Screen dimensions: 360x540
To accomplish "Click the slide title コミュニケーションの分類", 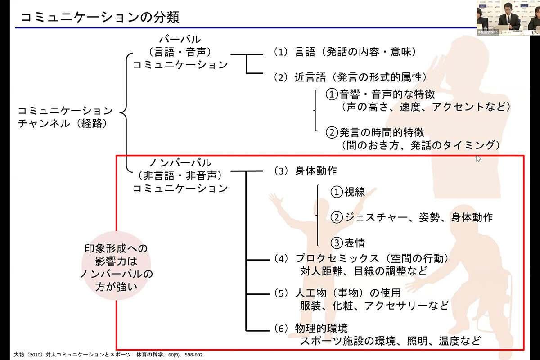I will [100, 18].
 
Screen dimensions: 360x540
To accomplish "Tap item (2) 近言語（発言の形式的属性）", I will [350, 77].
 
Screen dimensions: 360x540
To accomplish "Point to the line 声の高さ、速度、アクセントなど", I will [426, 107].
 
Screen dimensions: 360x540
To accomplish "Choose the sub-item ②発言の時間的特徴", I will [375, 132].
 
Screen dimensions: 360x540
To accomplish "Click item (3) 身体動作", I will [305, 171].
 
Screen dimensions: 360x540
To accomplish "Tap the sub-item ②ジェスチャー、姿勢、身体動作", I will [412, 217].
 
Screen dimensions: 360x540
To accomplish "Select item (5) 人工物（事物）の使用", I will [337, 293].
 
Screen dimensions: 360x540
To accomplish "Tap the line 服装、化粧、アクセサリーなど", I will [374, 306].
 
